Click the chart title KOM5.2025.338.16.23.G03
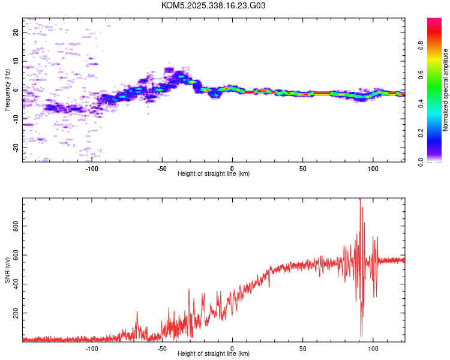click(214, 6)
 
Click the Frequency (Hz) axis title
click(7, 90)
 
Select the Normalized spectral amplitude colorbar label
click(446, 90)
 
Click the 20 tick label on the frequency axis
click(16, 32)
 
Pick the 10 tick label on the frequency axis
click(16, 61)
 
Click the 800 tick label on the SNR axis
click(16, 227)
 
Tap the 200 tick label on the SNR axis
click(16, 314)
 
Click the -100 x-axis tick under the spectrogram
click(92, 169)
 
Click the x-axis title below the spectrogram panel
click(214, 174)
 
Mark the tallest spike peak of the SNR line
click(360, 200)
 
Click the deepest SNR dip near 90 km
click(361, 336)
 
